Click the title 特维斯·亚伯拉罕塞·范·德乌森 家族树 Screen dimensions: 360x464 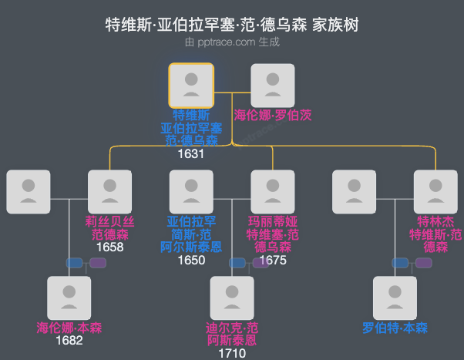(x=232, y=25)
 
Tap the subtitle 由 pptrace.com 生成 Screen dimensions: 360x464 (x=232, y=42)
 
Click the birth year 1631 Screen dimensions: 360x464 (x=191, y=153)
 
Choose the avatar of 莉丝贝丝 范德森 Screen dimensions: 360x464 (x=110, y=192)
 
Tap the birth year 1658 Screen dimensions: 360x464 (x=110, y=247)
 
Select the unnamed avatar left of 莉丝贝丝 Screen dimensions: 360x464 (x=29, y=192)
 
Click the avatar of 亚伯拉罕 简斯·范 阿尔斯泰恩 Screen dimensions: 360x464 (x=191, y=192)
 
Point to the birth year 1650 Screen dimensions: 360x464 (x=191, y=260)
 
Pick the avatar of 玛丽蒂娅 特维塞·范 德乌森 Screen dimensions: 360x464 (x=273, y=192)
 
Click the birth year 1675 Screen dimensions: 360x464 (x=273, y=260)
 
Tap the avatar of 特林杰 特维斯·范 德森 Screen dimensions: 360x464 (x=435, y=192)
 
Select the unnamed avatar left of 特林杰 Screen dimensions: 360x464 (x=354, y=192)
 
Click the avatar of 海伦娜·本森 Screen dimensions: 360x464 (x=69, y=298)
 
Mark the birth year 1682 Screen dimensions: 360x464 (x=69, y=340)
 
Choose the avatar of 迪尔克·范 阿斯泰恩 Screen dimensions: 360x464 (x=232, y=298)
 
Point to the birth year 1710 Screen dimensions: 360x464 (x=232, y=353)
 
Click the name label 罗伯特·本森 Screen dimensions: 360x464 (x=395, y=328)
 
